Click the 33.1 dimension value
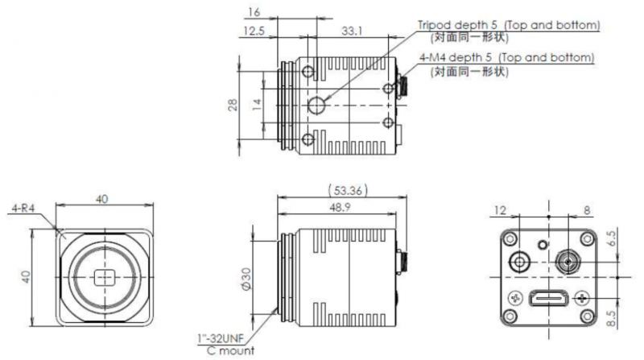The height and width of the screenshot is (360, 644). coord(352,31)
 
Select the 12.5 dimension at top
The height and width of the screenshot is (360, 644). coord(254,31)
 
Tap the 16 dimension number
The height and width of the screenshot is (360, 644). coord(254,12)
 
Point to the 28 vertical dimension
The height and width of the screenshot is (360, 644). coord(233,105)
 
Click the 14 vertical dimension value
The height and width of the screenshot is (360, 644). coord(257,105)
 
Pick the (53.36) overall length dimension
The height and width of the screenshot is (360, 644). coord(348,190)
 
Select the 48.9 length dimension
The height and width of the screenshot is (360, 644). coord(340,207)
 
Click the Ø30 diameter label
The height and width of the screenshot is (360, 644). coord(246,279)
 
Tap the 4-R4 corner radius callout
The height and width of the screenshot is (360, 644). coord(23,209)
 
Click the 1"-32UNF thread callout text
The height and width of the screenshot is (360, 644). coord(221,338)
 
